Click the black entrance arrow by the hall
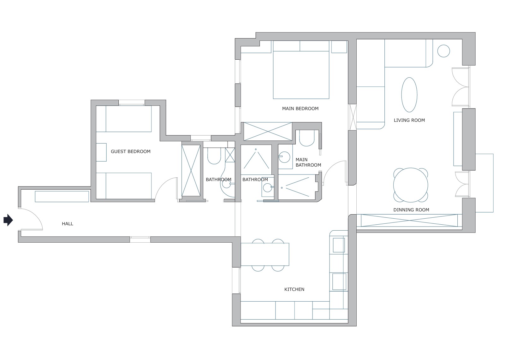click(8, 220)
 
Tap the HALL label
click(68, 224)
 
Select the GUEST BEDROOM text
click(131, 151)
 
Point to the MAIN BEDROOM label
click(300, 109)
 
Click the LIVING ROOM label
click(409, 120)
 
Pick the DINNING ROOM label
click(411, 210)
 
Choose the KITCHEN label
click(294, 289)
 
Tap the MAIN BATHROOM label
click(308, 162)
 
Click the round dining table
click(411, 185)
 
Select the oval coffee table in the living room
click(409, 95)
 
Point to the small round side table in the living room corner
click(443, 51)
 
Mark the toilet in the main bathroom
click(306, 139)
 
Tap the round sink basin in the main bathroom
click(285, 157)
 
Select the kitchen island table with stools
click(265, 254)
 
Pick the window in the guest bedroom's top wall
click(132, 103)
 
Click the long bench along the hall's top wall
click(62, 196)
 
